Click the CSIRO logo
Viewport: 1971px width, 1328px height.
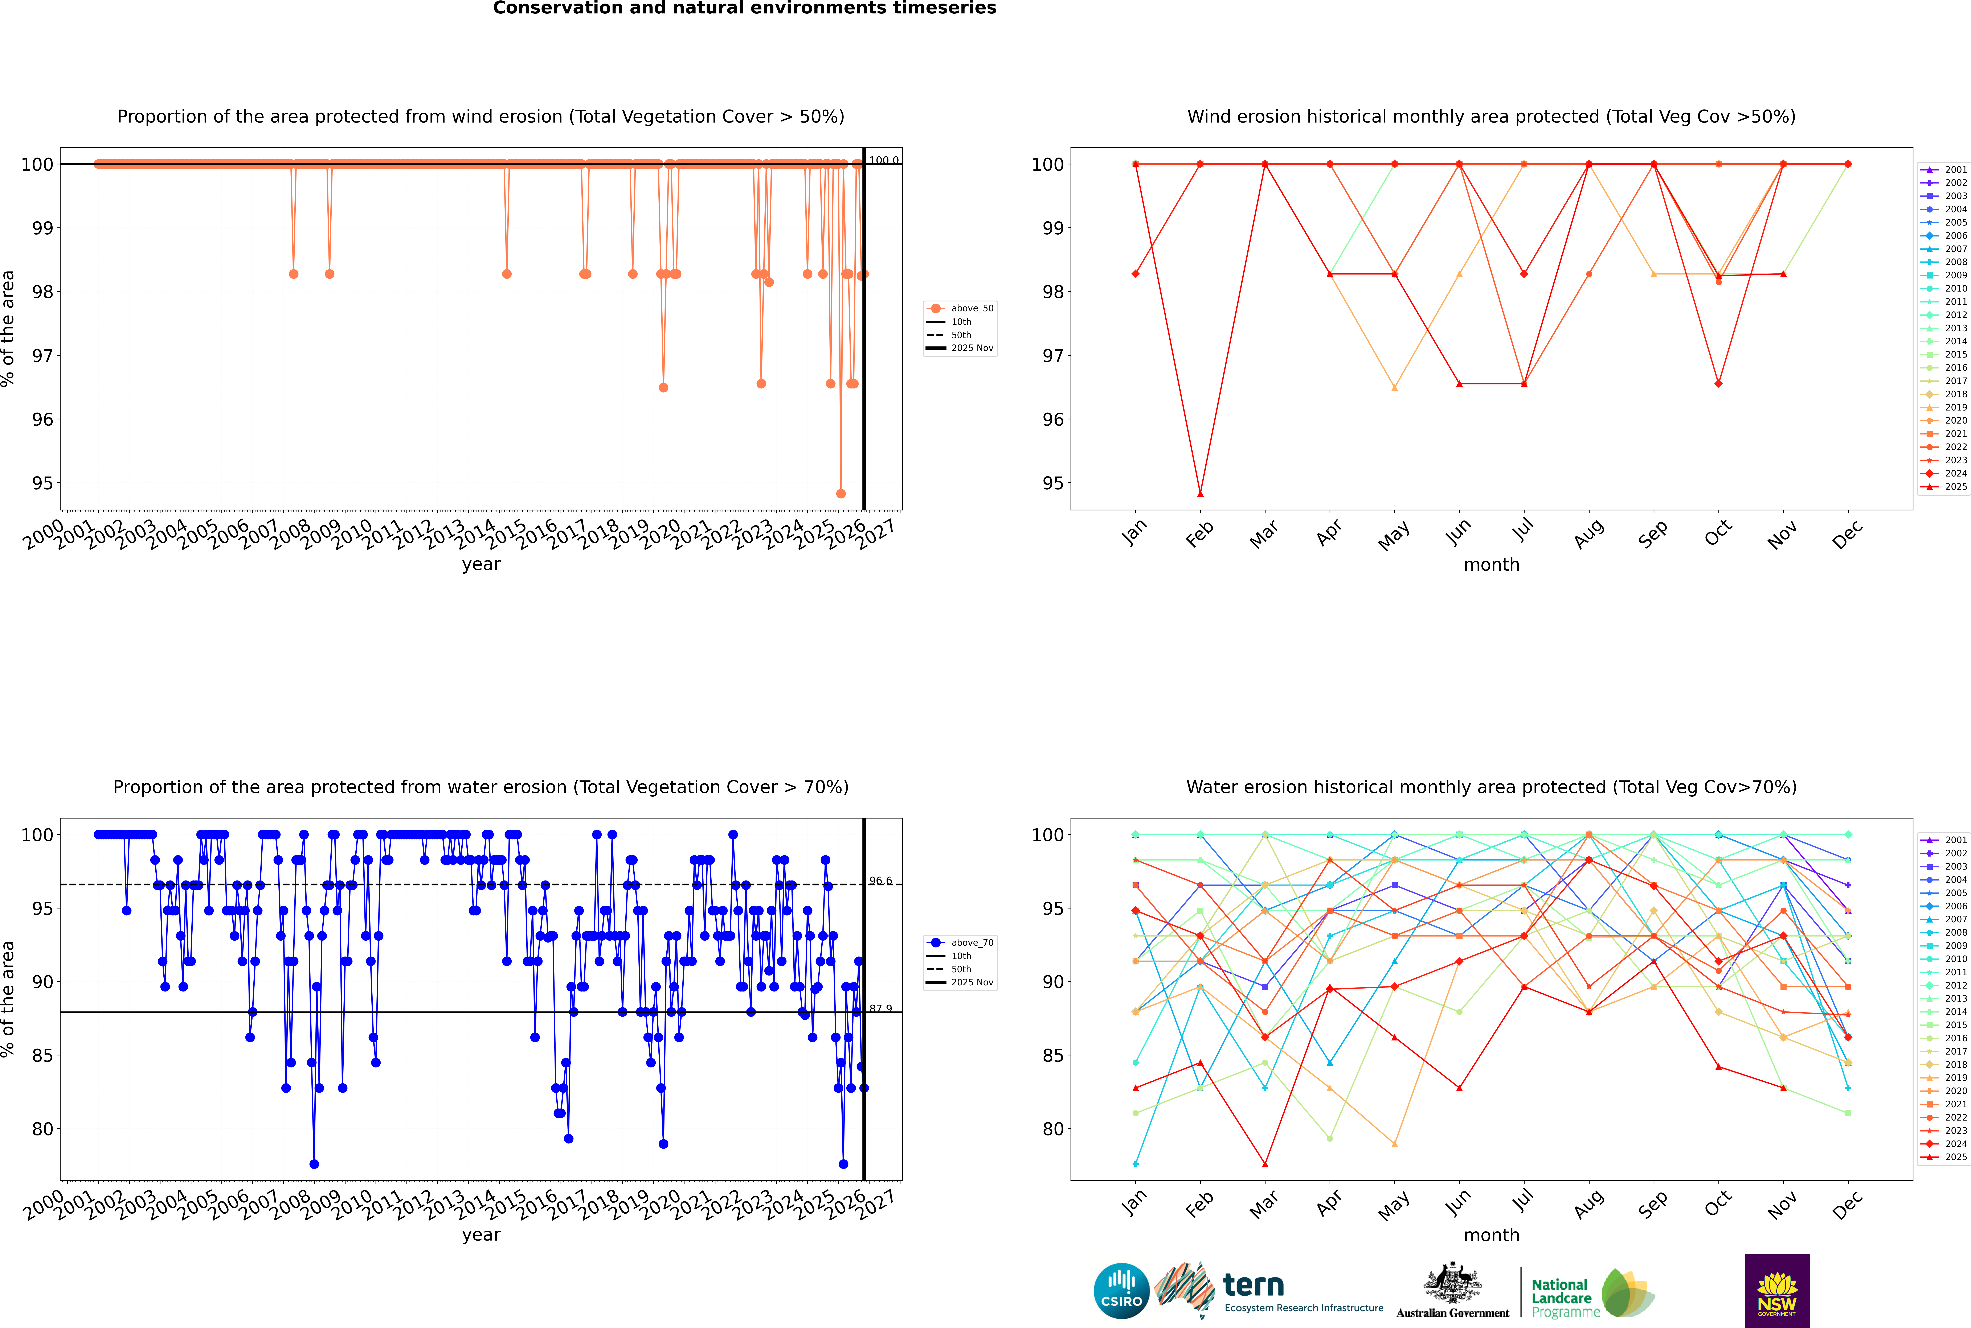(1121, 1291)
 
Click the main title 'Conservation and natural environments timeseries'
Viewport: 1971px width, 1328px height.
(744, 8)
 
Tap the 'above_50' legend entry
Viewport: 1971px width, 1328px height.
(971, 308)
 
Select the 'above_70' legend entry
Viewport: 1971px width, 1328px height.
(971, 943)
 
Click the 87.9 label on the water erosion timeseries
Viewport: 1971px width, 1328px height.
(880, 1009)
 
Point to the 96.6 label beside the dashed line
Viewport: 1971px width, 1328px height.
(880, 881)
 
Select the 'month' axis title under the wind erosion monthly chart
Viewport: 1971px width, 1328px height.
(1491, 565)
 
